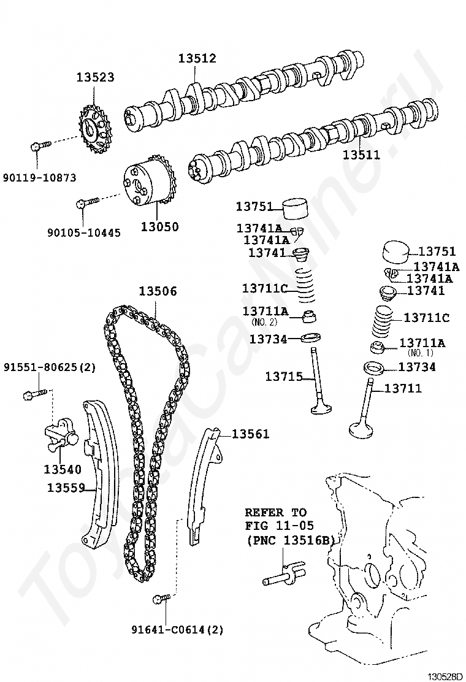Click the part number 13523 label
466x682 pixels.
[95, 78]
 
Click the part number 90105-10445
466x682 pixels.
[83, 233]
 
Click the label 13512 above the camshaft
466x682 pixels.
[197, 58]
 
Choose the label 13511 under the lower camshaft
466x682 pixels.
[361, 155]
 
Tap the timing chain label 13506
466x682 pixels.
[157, 291]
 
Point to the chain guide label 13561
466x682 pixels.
[250, 434]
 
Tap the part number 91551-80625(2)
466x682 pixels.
[50, 367]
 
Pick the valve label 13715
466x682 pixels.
[284, 376]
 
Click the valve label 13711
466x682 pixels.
[403, 388]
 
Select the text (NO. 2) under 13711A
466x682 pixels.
[264, 321]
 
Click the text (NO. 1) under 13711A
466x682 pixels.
[421, 353]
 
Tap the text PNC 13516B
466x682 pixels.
[291, 540]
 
